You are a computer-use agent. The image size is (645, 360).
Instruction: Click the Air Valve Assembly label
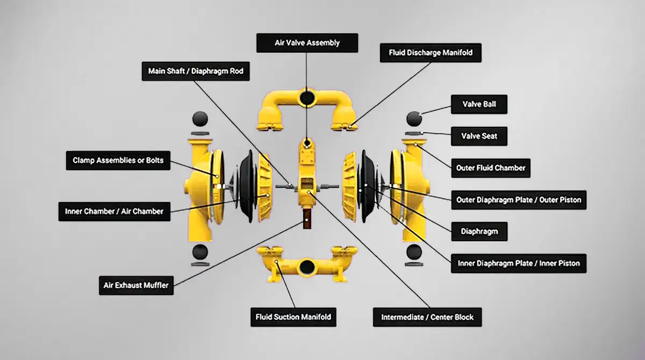point(307,43)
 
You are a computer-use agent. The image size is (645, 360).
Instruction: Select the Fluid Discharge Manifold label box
point(431,53)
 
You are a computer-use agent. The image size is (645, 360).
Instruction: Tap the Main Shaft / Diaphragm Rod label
point(196,71)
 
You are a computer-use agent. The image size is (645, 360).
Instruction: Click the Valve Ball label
point(479,104)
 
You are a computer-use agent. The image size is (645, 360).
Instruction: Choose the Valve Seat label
point(479,136)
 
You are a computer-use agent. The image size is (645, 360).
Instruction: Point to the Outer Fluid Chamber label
point(491,168)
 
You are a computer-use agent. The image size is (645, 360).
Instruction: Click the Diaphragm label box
point(479,232)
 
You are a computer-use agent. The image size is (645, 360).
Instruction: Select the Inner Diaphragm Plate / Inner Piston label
point(519,263)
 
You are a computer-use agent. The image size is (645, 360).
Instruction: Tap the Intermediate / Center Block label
point(427,317)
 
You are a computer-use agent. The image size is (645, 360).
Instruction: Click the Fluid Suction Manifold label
point(293,317)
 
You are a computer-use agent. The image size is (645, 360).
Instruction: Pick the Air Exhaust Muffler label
point(136,285)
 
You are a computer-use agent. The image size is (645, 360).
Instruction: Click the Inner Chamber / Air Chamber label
point(114,212)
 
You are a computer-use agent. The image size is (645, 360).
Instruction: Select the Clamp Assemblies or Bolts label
point(118,161)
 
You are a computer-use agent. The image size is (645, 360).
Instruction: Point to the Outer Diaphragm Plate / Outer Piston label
point(519,200)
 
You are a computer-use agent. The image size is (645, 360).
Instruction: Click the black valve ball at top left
point(200,119)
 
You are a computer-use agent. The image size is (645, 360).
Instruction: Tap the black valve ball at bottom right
point(414,252)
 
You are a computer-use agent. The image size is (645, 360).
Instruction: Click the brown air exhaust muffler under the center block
point(307,219)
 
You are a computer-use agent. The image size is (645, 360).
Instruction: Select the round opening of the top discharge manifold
point(307,98)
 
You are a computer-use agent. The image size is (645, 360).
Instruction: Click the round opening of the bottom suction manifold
point(307,268)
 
